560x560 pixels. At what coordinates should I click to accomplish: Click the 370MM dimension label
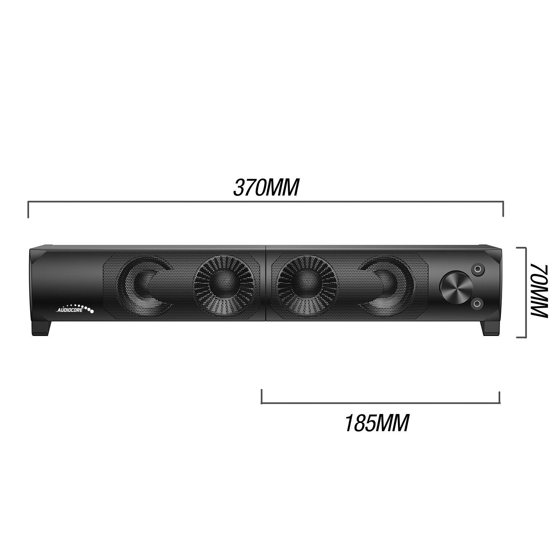[x=266, y=187]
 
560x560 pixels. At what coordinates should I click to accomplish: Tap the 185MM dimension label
[x=376, y=423]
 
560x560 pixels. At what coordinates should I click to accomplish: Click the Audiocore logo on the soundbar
[x=75, y=308]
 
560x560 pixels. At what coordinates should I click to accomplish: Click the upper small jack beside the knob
[x=477, y=269]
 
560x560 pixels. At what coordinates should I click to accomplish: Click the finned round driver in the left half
[x=224, y=285]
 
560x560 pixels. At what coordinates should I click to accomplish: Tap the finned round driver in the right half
[x=307, y=285]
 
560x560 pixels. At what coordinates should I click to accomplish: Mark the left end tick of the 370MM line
[x=28, y=209]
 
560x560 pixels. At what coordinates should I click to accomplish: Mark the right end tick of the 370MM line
[x=504, y=209]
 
